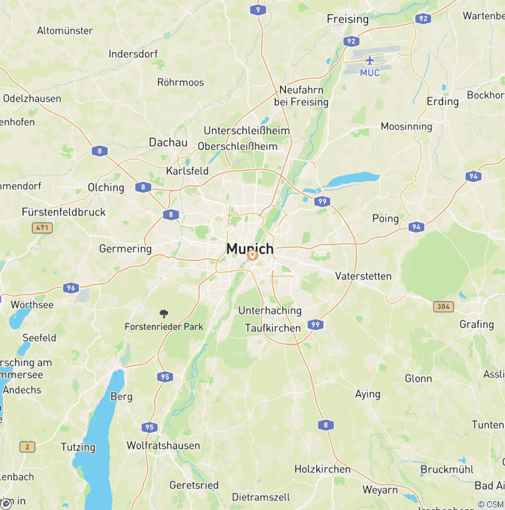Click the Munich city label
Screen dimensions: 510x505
point(250,249)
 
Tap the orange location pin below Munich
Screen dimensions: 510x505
point(252,255)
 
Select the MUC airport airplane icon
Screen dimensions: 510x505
point(370,60)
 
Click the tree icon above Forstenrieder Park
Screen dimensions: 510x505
point(164,314)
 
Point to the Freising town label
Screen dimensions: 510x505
point(347,19)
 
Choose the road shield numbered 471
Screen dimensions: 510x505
point(41,227)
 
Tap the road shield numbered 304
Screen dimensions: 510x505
point(443,307)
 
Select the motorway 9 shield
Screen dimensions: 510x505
point(258,9)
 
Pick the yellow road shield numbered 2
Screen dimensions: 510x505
point(27,447)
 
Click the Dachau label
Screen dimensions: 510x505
point(168,143)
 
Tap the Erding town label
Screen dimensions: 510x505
point(443,101)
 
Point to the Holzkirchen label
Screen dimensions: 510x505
point(322,469)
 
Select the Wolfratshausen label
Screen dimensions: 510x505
point(163,446)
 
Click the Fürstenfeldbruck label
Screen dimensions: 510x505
point(63,212)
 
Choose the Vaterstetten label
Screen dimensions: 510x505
point(363,276)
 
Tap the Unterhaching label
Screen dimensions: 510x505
point(270,310)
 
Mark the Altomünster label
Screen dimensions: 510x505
point(64,31)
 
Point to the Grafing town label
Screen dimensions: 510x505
point(476,324)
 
